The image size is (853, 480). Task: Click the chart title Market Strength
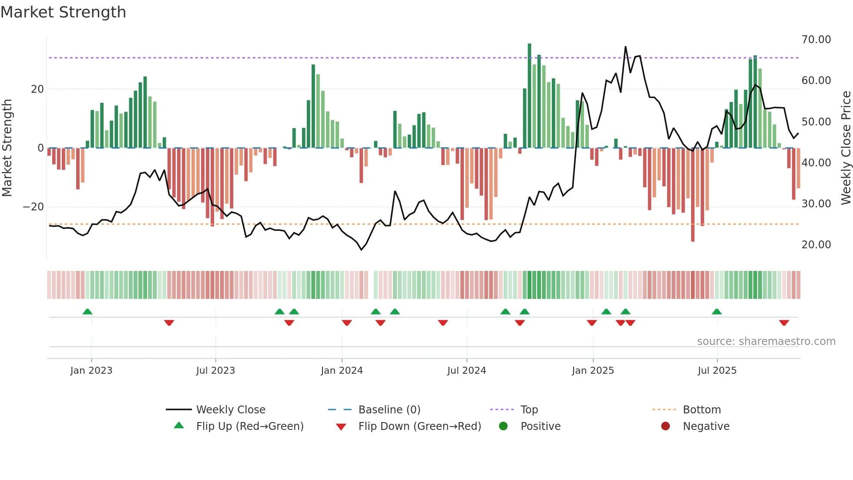[x=63, y=12]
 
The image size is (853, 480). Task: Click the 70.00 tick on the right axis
[x=816, y=40]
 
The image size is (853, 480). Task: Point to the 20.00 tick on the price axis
[x=816, y=245]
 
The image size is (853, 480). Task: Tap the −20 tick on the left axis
[x=34, y=207]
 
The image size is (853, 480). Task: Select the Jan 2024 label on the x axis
[x=342, y=371]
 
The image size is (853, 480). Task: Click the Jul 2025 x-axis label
[x=717, y=371]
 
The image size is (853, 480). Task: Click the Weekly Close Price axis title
[x=846, y=148]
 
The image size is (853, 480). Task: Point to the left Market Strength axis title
[x=7, y=148]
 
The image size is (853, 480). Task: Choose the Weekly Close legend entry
[x=230, y=410]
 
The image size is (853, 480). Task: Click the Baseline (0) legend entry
[x=389, y=410]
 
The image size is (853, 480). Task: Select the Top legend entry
[x=529, y=410]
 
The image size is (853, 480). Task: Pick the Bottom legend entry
[x=702, y=410]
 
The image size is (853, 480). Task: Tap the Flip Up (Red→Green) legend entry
[x=249, y=426]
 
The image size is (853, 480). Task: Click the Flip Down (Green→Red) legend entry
[x=420, y=426]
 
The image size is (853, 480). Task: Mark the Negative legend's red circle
[x=665, y=426]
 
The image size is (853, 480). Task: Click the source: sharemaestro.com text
[x=766, y=341]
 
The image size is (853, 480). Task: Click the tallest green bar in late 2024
[x=530, y=96]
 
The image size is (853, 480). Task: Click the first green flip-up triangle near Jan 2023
[x=87, y=312]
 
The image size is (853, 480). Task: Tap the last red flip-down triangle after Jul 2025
[x=784, y=323]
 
